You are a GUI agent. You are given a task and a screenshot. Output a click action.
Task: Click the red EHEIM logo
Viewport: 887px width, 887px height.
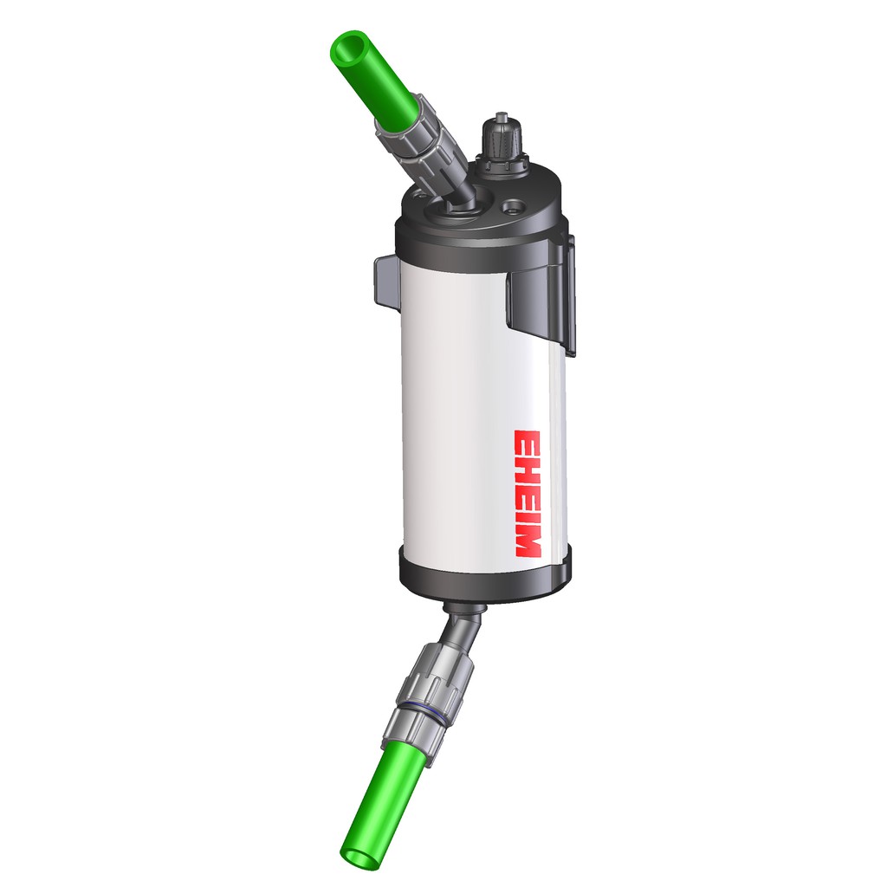tap(528, 492)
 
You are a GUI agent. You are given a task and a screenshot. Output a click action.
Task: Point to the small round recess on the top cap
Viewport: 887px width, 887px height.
tap(515, 208)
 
